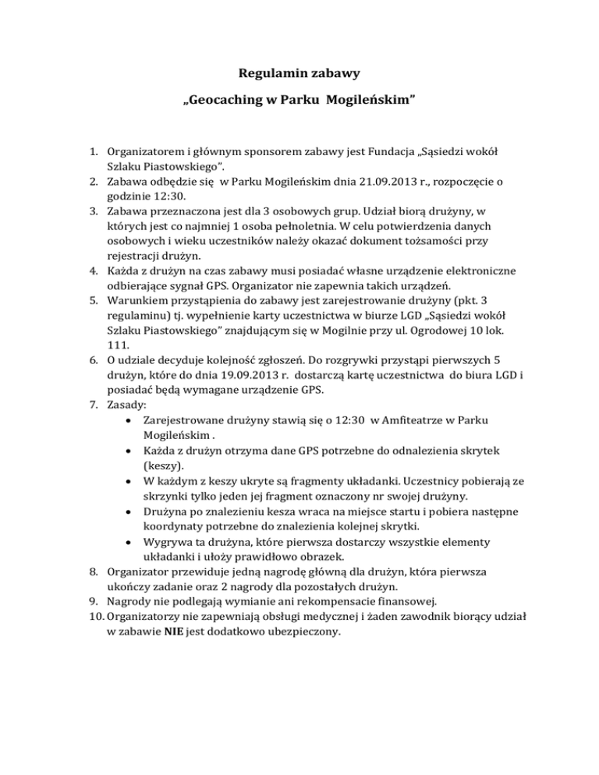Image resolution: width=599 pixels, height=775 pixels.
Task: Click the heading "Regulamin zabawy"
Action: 299,76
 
